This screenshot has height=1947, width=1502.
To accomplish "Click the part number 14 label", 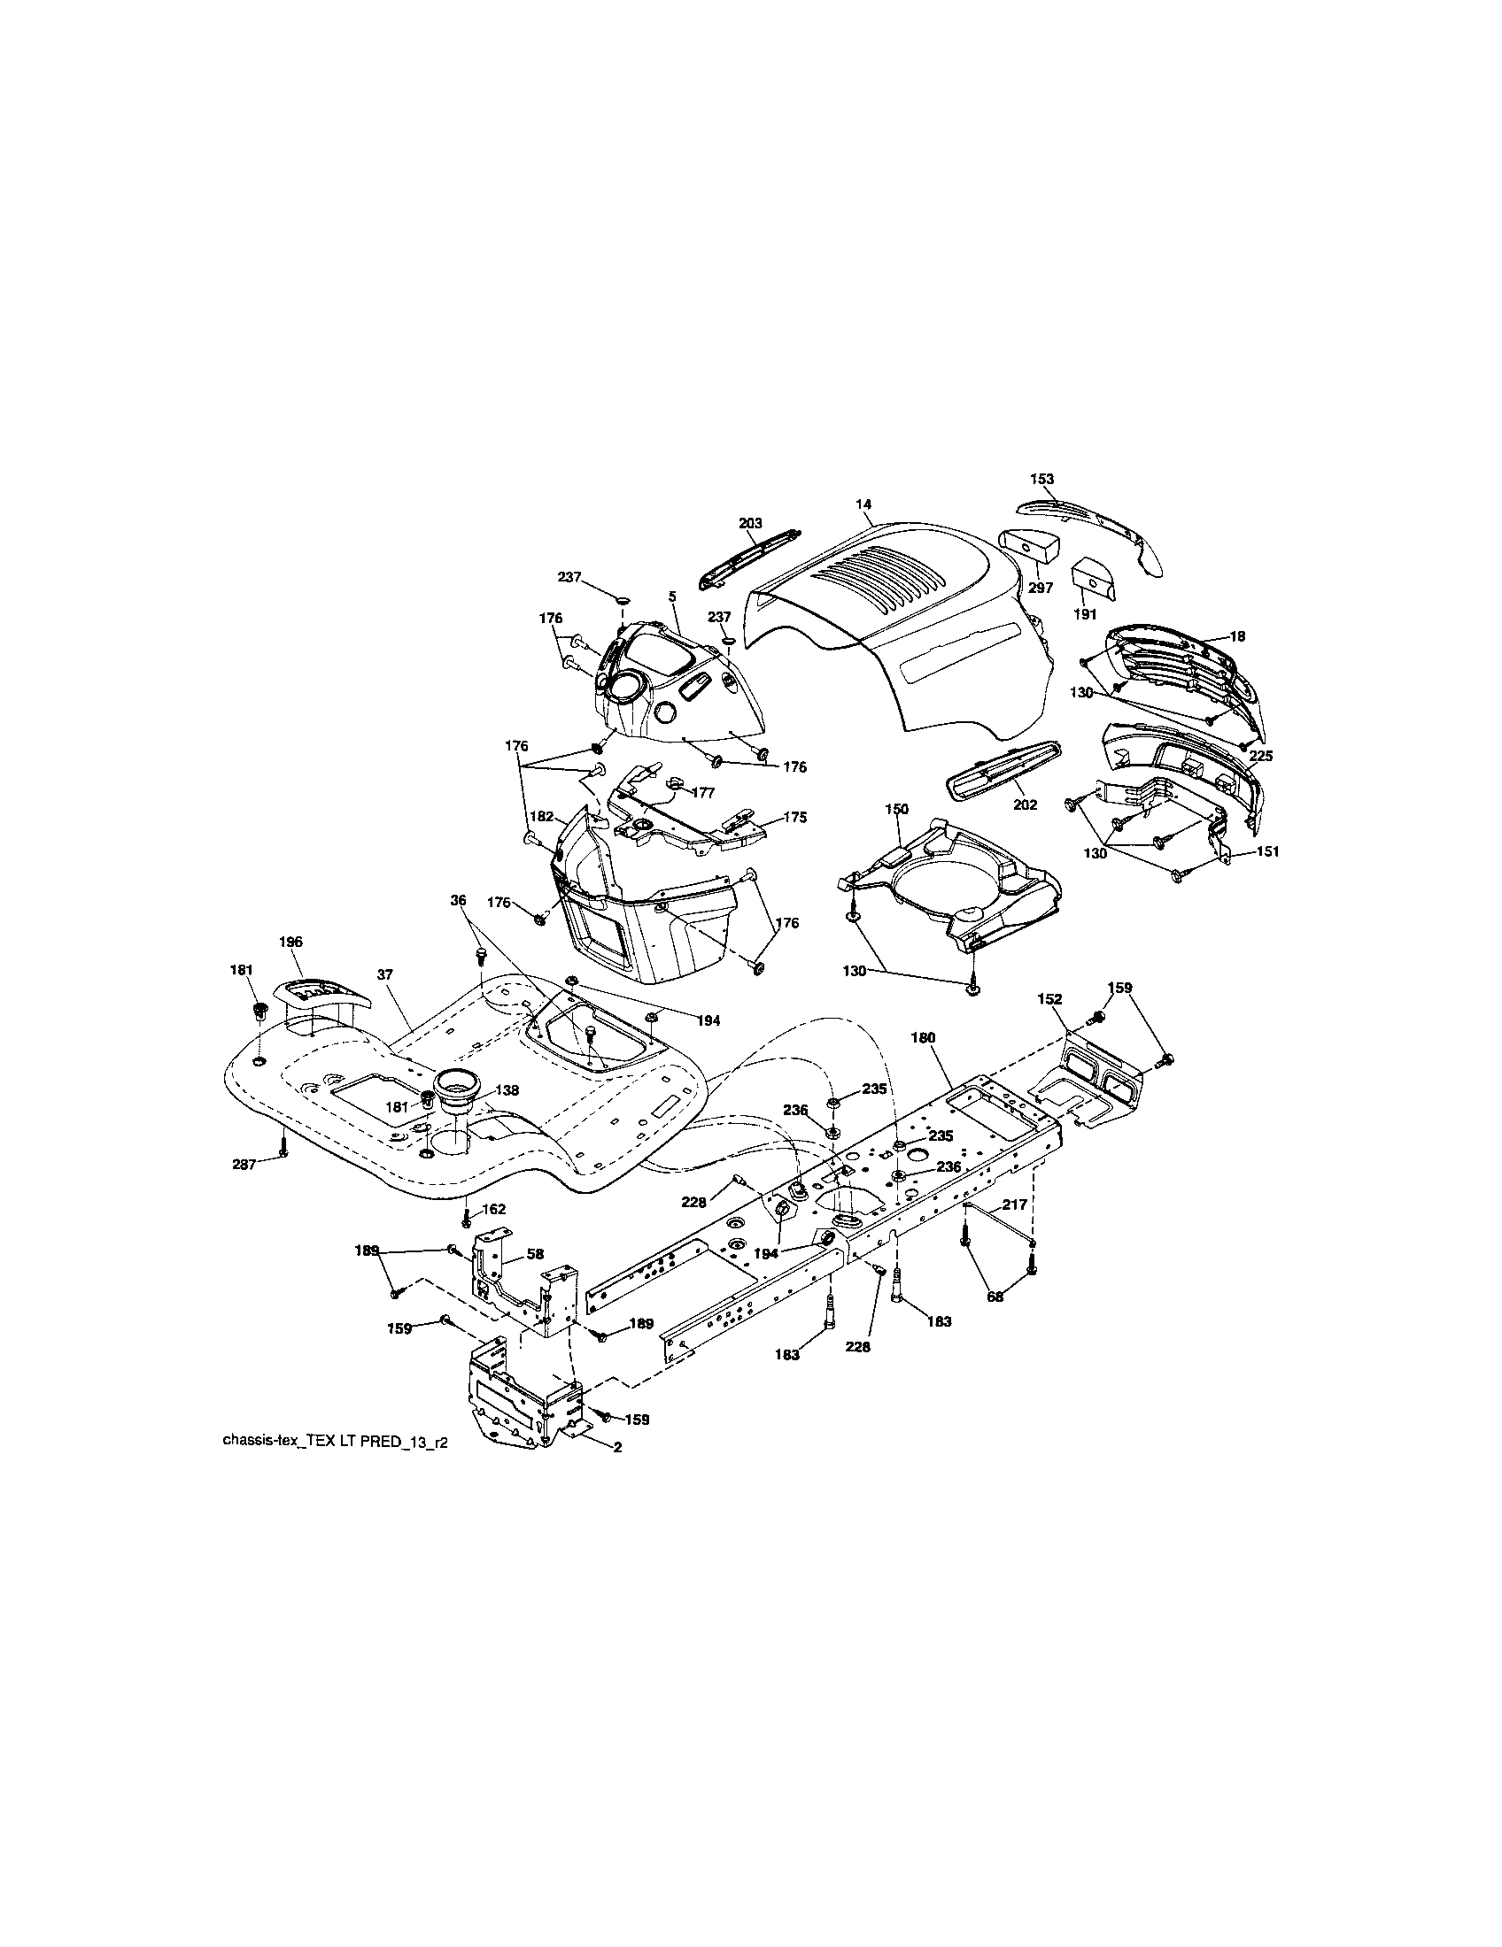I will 863,504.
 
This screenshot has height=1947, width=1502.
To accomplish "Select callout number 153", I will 1041,479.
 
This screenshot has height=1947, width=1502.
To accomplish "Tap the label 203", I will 750,523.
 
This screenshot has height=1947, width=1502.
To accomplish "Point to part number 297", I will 1041,588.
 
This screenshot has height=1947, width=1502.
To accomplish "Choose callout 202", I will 1026,804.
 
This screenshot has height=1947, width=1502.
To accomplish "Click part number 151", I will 1266,851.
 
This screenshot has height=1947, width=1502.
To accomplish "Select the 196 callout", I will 290,942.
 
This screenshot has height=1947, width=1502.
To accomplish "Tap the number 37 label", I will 384,975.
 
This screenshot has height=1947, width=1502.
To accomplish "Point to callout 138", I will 508,1089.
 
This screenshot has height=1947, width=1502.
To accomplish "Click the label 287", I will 244,1164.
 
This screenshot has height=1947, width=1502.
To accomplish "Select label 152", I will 1049,999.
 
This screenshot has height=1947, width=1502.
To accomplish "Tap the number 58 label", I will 534,1253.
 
